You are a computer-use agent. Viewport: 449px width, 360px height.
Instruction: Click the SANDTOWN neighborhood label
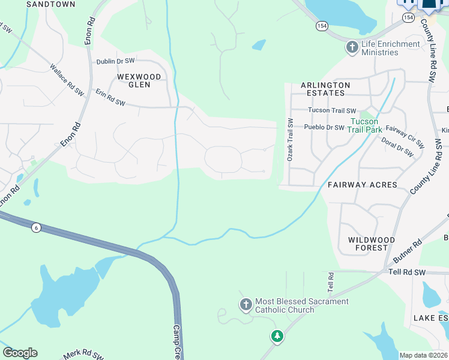51,4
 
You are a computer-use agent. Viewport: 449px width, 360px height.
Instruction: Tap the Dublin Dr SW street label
116,61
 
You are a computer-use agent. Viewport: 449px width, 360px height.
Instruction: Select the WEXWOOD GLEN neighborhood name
139,80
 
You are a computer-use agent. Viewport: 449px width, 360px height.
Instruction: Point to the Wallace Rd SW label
67,80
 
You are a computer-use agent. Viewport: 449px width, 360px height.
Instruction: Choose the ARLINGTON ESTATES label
322,89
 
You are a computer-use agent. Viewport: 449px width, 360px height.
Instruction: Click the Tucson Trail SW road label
332,110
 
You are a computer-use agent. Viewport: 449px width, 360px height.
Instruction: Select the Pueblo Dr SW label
324,127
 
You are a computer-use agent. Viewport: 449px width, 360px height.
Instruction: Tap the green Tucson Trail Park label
366,125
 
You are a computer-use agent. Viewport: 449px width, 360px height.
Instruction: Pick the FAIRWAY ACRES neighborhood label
363,185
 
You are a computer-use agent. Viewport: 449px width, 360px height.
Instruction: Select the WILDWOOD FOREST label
372,244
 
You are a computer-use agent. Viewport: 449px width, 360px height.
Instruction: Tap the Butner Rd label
408,251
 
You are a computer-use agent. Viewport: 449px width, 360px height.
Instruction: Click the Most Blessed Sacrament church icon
246,305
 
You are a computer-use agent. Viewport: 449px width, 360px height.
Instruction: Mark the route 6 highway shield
37,229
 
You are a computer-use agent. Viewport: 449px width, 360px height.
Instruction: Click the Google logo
20,353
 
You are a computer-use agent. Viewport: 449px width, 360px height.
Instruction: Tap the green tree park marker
277,336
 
